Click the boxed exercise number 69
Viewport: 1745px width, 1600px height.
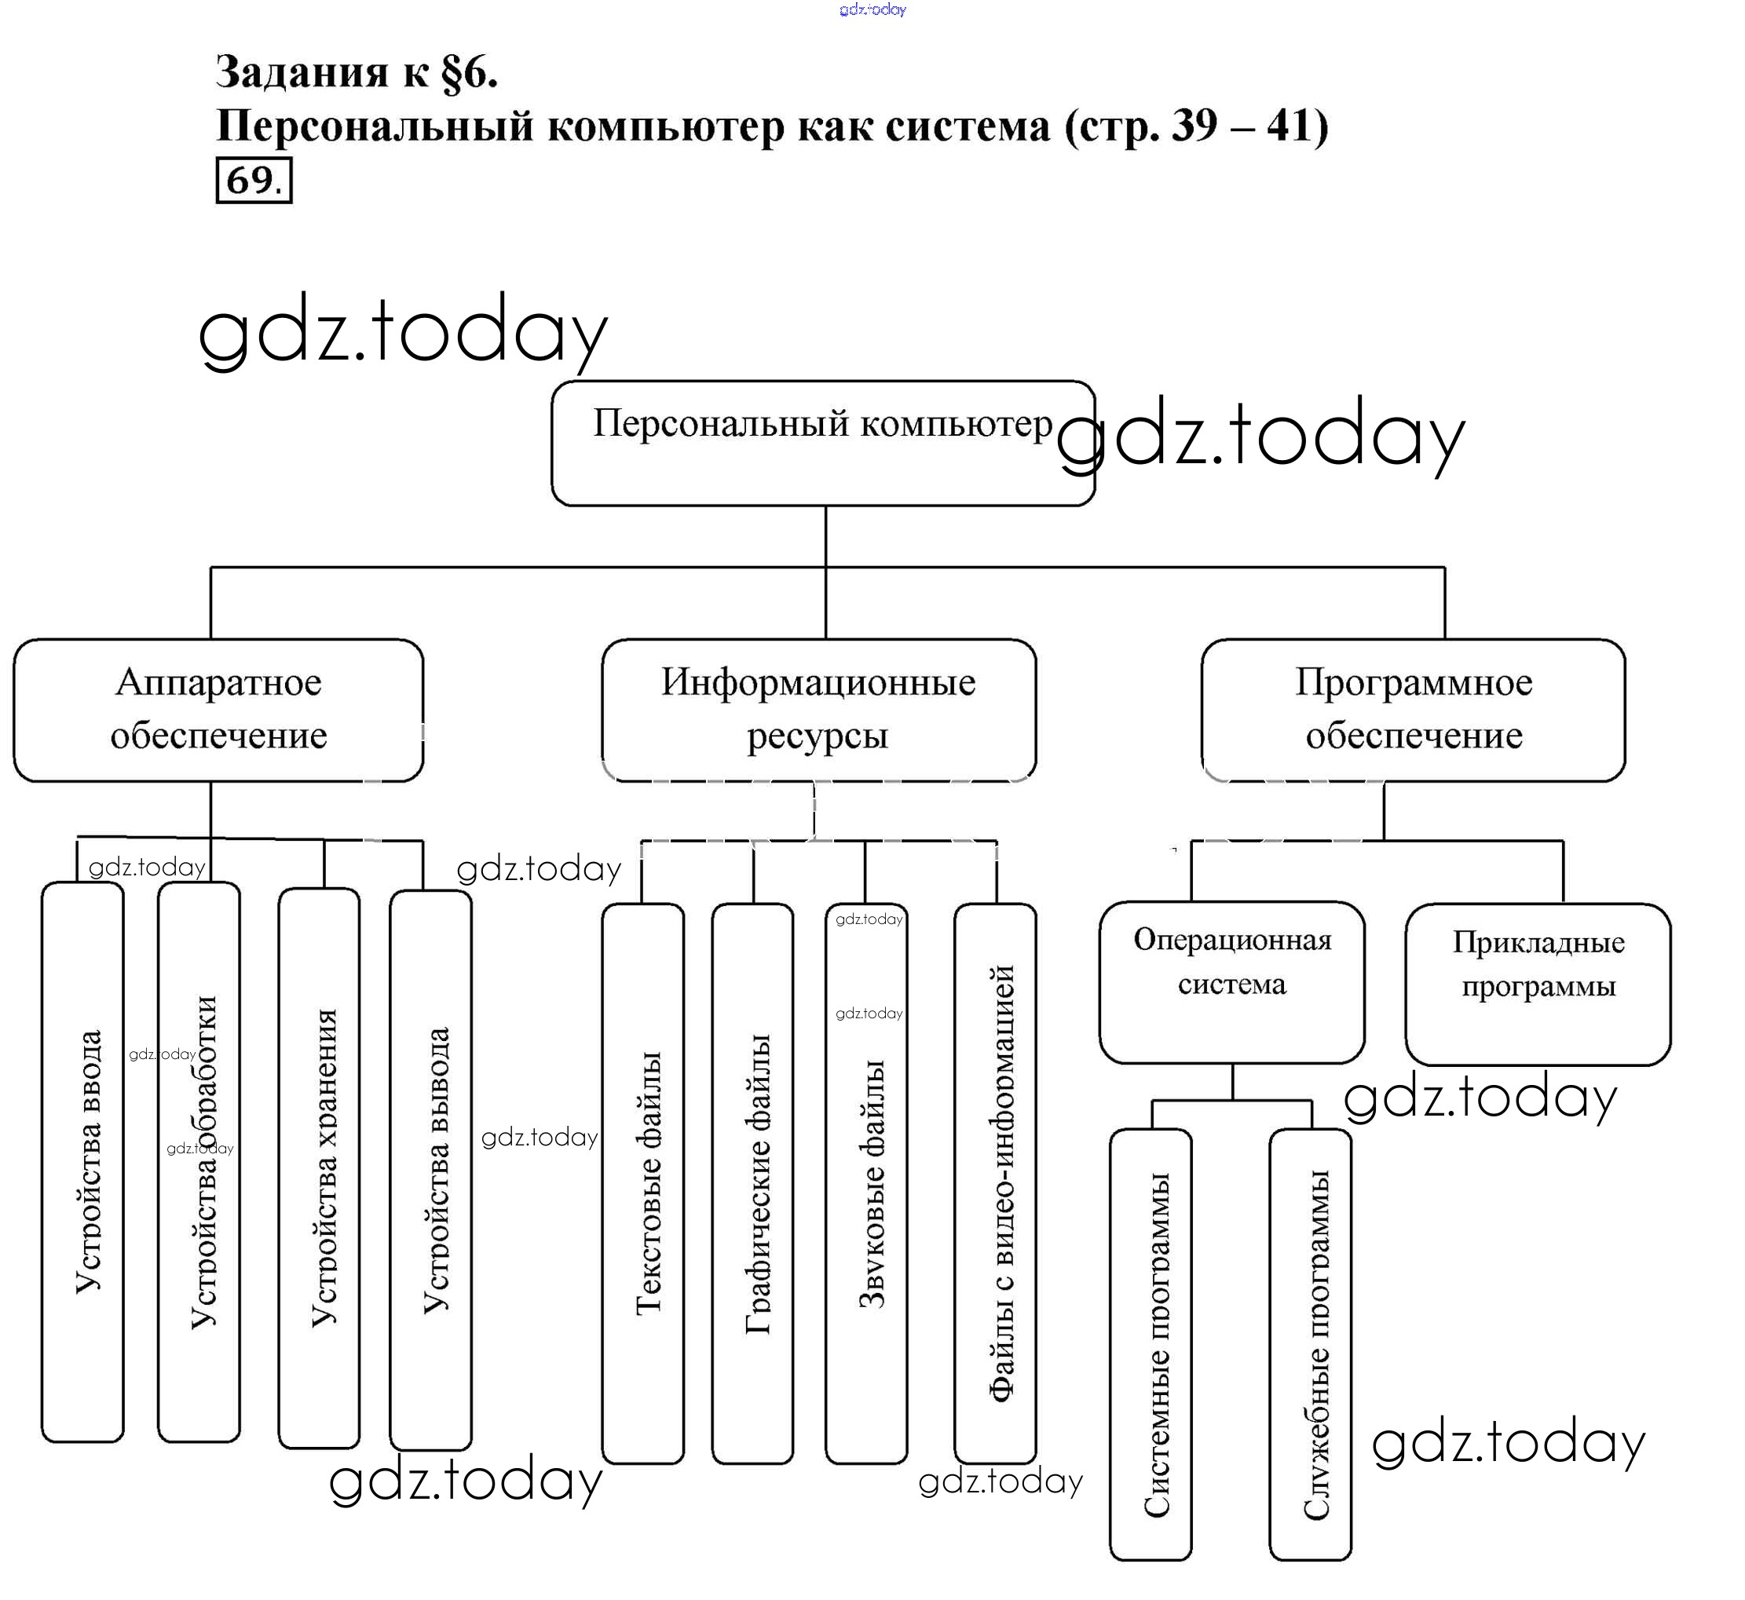click(x=253, y=180)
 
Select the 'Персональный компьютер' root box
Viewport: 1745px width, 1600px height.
click(x=823, y=443)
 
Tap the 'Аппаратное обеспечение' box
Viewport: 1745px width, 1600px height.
click(x=218, y=710)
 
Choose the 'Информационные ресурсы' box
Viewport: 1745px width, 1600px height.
click(x=818, y=710)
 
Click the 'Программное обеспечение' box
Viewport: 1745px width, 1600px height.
click(x=1414, y=710)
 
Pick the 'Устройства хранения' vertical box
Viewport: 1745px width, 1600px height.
click(x=320, y=1169)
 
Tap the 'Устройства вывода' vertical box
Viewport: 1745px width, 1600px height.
click(x=431, y=1169)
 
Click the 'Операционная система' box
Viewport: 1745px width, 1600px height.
click(x=1232, y=983)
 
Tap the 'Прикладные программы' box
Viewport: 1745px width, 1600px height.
click(x=1538, y=984)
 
